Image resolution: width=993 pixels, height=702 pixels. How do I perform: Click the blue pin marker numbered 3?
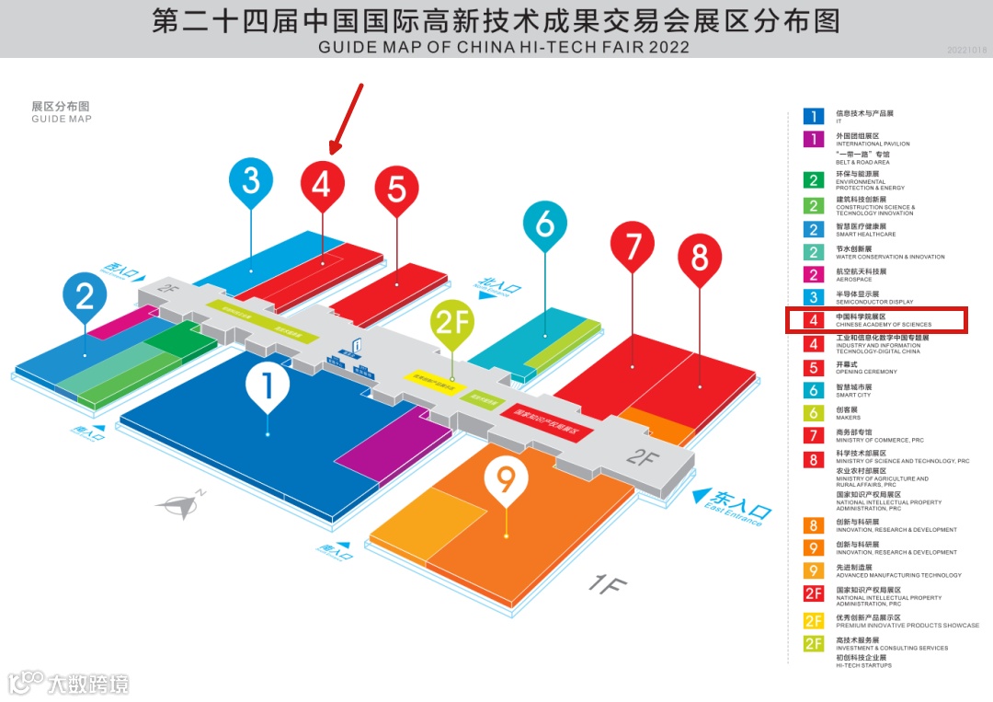click(251, 179)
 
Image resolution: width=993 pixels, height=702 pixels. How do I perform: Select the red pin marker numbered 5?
click(396, 188)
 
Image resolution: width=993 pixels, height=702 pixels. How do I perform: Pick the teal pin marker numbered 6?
click(544, 224)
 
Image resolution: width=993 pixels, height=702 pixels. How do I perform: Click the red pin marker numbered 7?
click(633, 246)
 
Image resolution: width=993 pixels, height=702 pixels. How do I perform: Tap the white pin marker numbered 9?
click(506, 479)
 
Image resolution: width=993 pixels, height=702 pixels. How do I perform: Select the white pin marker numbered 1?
click(268, 387)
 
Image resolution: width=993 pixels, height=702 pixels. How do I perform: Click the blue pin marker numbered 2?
click(85, 296)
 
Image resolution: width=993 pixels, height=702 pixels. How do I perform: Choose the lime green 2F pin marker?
click(452, 324)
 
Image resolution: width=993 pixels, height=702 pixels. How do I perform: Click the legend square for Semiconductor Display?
click(814, 297)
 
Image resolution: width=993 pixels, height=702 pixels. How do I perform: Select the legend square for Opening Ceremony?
click(814, 367)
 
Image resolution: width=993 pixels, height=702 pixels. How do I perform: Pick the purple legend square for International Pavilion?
click(814, 139)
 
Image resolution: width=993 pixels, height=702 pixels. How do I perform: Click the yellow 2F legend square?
click(814, 621)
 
